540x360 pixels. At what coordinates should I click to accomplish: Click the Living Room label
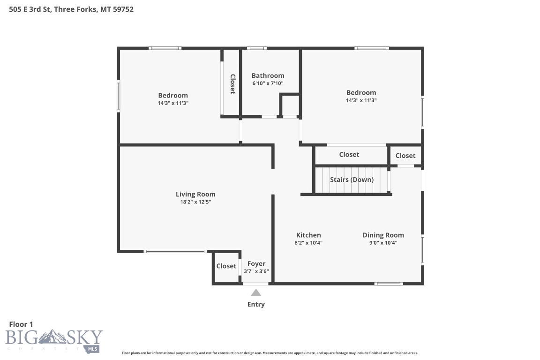click(x=195, y=194)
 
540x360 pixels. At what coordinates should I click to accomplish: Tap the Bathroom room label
click(x=268, y=75)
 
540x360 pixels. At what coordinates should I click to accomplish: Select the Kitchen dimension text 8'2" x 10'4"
click(x=308, y=243)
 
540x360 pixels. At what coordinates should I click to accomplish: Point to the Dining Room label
click(x=383, y=235)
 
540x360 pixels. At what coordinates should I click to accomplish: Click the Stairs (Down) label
click(x=352, y=180)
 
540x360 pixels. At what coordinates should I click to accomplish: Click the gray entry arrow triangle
click(x=255, y=293)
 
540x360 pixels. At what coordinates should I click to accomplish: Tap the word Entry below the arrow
click(x=256, y=304)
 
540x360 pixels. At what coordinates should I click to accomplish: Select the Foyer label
click(x=256, y=264)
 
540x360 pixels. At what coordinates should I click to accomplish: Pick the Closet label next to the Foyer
click(x=226, y=266)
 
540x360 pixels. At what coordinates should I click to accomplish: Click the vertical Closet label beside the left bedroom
click(x=232, y=84)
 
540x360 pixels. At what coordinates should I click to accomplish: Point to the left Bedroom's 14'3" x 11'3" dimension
click(x=173, y=103)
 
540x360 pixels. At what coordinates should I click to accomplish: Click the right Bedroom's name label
click(x=361, y=93)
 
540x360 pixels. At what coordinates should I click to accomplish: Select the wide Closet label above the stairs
click(x=349, y=155)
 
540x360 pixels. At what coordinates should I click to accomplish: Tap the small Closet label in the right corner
click(x=405, y=156)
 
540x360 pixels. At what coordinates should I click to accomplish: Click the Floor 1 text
click(x=21, y=324)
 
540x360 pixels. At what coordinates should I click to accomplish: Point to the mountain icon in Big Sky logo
click(x=52, y=337)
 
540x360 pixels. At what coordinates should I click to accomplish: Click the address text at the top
click(x=71, y=9)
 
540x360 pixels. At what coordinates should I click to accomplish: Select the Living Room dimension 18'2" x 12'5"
click(x=195, y=202)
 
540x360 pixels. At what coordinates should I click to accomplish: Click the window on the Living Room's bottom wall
click(x=175, y=252)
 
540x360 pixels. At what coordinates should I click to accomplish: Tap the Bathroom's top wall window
click(x=256, y=48)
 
